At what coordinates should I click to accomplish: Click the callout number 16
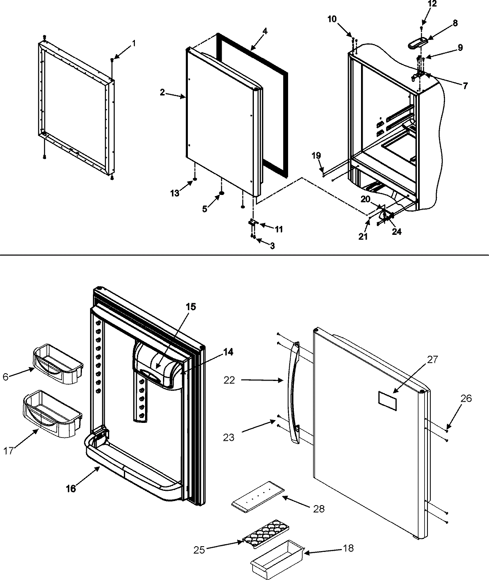[71, 489]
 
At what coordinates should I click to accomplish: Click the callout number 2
[162, 93]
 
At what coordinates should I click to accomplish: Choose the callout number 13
[175, 193]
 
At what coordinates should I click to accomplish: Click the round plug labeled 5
[222, 193]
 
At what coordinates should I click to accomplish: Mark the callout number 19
[317, 155]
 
